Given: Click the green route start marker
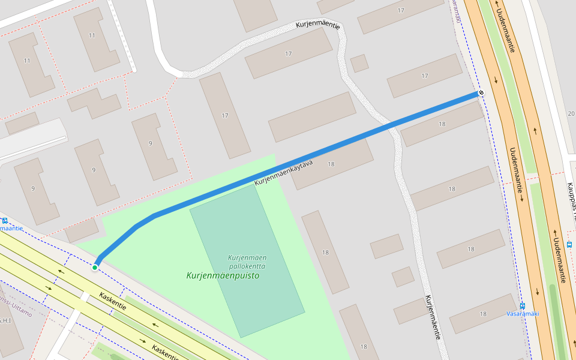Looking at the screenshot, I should pos(95,267).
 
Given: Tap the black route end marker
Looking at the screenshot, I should pos(481,93).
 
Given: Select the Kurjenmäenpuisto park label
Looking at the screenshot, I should pos(222,276).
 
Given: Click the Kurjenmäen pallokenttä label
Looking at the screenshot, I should pos(247,262).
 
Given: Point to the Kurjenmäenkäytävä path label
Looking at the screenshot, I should pos(284,172).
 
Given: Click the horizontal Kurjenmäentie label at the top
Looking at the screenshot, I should pos(317,26).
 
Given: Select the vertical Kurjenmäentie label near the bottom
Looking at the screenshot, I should pos(433,318).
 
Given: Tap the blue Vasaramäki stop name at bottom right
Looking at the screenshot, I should pos(523,314).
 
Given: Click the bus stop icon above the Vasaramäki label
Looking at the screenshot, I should pos(523,305).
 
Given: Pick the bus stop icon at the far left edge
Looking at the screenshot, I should pos(5,220).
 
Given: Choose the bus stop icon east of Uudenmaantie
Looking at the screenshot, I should pos(569,244).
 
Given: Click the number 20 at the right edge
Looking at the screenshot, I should pos(570,113).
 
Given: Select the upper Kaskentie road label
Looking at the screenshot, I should pos(113,301).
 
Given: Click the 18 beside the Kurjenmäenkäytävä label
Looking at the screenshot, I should pos(331,164).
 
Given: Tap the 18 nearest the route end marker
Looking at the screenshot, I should pos(442,124).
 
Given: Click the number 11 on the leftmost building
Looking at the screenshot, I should pos(27,61).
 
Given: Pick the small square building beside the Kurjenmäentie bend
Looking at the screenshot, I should pos(359,63).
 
